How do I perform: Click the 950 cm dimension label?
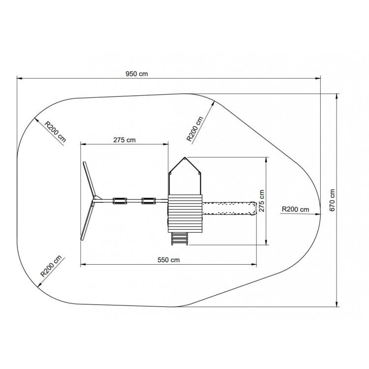tap(137, 74)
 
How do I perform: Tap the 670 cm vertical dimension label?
tap(332, 200)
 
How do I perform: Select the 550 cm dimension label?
tap(168, 260)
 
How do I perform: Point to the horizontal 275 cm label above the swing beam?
tap(124, 140)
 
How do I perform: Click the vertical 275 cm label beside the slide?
tap(262, 201)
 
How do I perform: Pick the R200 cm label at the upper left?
tap(56, 132)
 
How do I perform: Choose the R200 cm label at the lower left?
tap(51, 266)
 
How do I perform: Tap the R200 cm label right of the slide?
tap(295, 209)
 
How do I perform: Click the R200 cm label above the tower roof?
tap(195, 129)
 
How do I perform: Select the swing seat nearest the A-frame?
tap(120, 201)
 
